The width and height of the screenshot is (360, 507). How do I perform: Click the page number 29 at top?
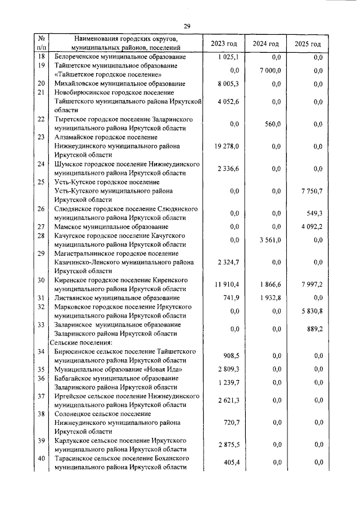point(187,26)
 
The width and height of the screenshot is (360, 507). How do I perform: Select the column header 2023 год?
point(224,43)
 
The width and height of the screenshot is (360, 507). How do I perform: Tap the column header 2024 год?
point(265,43)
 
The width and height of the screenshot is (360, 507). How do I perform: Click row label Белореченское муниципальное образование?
point(119,57)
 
